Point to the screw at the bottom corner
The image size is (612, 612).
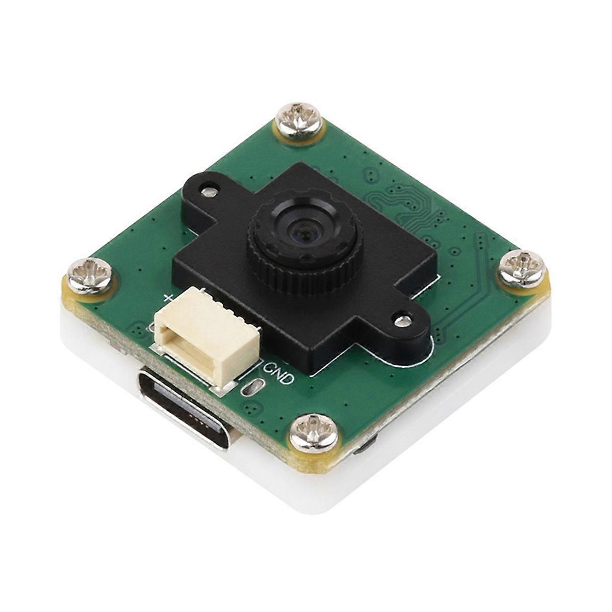click(313, 433)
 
